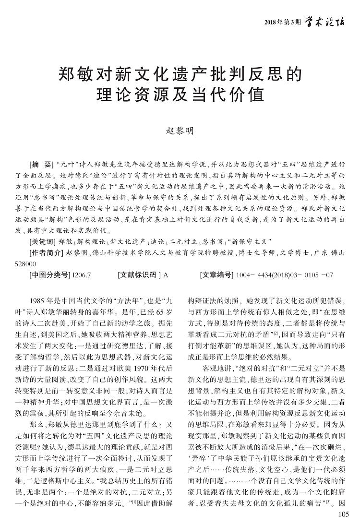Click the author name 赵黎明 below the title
click(x=180, y=131)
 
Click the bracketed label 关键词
click(x=43, y=241)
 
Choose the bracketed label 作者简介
click(x=46, y=253)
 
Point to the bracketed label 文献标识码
click(x=139, y=275)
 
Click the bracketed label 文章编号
click(x=216, y=275)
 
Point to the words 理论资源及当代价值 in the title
click(x=180, y=94)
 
